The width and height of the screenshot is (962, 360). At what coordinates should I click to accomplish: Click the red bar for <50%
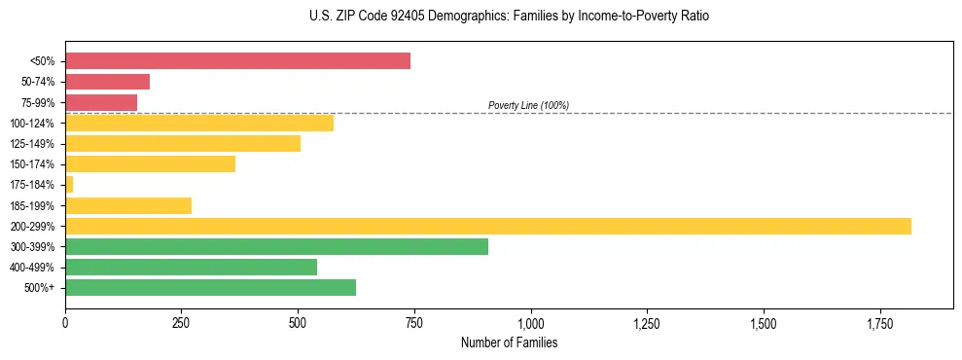(237, 61)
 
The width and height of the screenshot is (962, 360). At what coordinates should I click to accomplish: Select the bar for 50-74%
(107, 82)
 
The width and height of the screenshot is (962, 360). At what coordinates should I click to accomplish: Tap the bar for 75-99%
(101, 102)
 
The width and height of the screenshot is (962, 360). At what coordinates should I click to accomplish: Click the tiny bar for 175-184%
(69, 185)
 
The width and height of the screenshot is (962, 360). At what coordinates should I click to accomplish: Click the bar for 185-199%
(128, 205)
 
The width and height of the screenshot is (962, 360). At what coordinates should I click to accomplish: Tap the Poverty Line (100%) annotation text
(528, 105)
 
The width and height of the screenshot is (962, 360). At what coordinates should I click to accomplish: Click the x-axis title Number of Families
(509, 342)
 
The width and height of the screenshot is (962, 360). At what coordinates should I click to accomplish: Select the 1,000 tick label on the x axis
(530, 322)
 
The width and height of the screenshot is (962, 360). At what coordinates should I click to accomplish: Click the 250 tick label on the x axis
(181, 322)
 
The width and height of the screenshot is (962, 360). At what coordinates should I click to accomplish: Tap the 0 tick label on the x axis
(65, 322)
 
